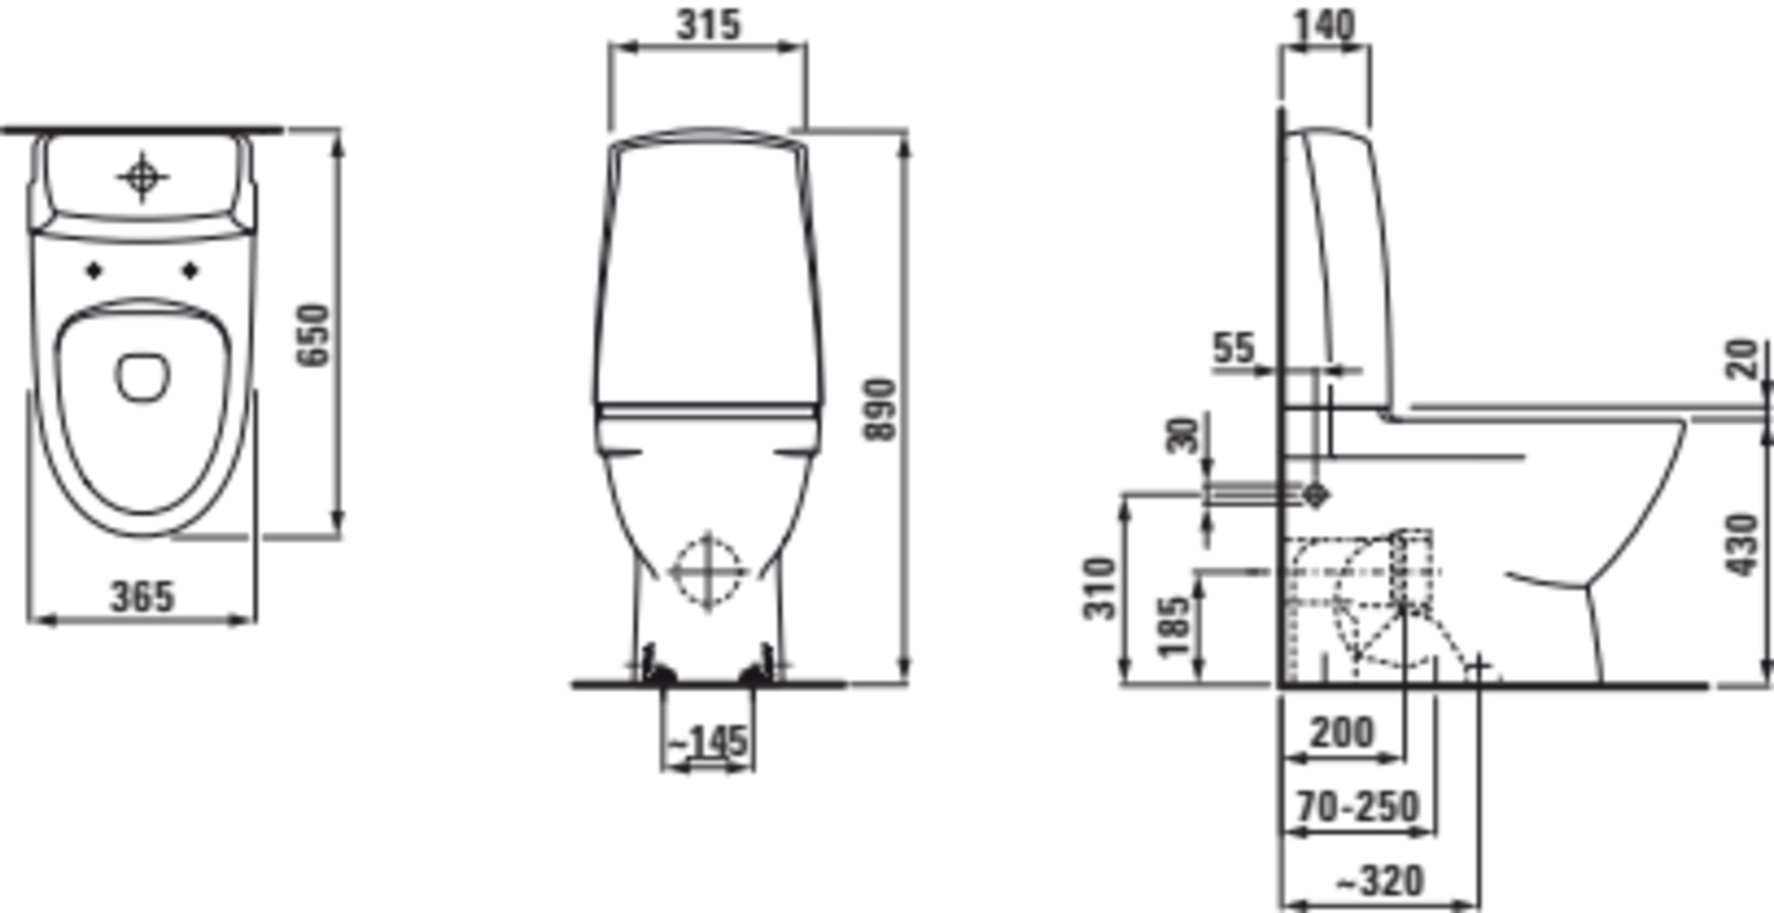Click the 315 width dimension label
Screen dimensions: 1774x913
(x=708, y=25)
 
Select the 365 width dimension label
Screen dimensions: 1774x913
(x=143, y=597)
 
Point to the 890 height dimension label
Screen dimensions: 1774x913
(x=881, y=409)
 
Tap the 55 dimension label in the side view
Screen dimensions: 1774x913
(x=1233, y=348)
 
